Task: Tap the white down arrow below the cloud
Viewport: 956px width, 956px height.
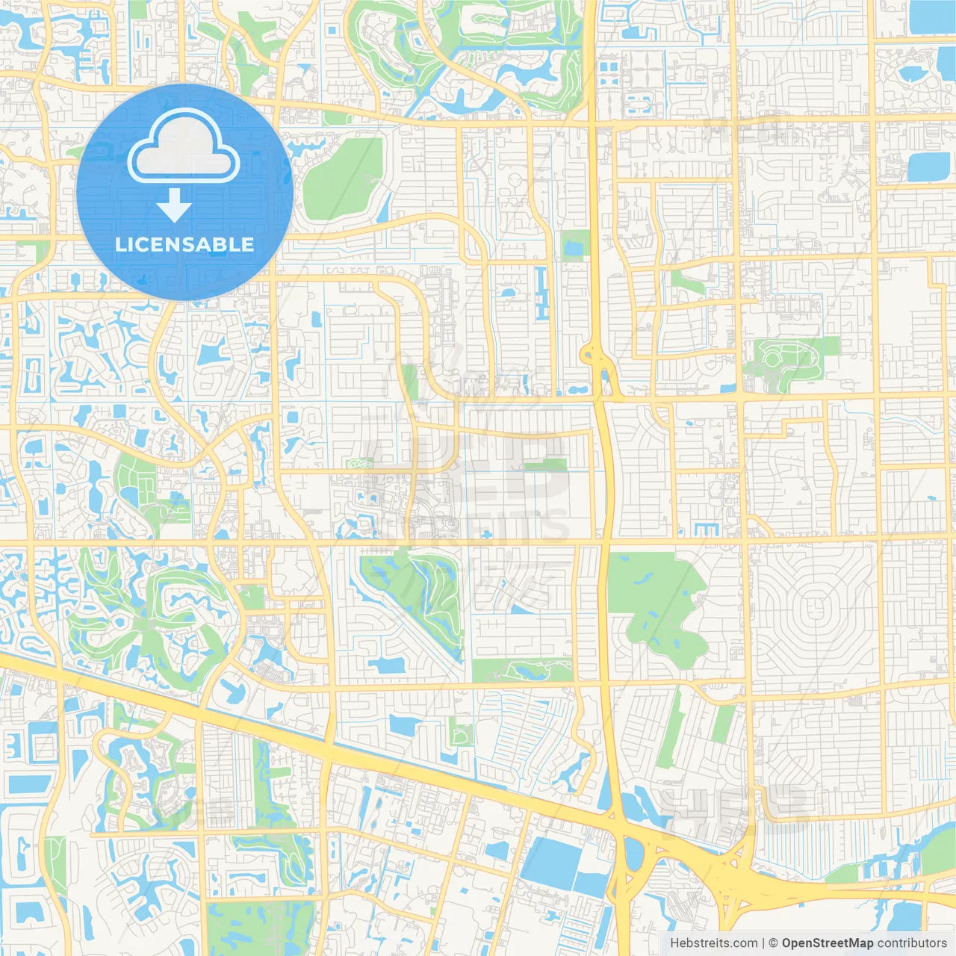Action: (174, 205)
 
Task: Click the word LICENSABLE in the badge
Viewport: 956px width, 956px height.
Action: (184, 244)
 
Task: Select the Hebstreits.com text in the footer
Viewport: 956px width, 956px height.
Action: (713, 943)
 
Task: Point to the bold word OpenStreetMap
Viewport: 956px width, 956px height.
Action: (828, 943)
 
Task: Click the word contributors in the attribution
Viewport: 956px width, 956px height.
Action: (912, 943)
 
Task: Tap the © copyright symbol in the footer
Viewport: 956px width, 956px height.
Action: (773, 943)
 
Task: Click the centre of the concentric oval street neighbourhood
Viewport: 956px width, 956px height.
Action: (812, 605)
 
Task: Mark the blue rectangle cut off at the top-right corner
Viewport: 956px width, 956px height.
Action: (932, 16)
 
